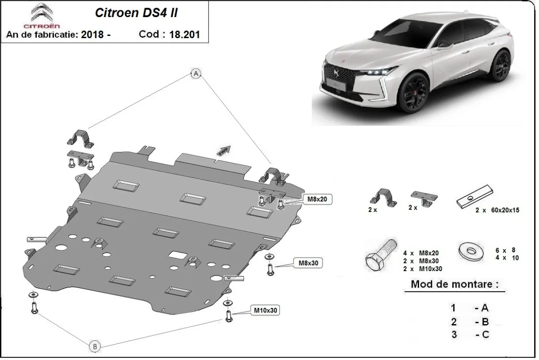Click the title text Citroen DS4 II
136,13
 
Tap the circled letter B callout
95,346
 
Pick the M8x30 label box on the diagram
309,263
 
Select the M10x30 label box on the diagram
265,310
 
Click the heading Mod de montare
454,285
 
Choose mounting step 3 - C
470,334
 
